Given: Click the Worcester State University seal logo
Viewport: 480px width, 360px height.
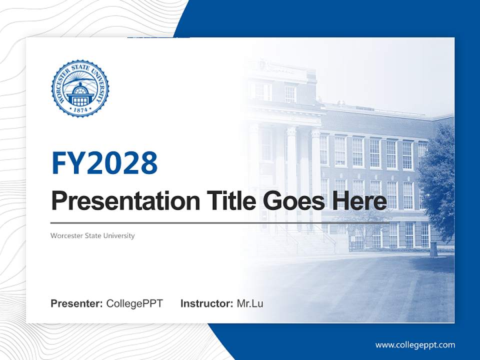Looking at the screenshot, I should point(80,88).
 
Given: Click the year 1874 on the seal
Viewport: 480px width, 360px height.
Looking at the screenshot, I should point(80,109).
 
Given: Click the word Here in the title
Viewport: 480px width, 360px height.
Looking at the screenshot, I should point(359,201).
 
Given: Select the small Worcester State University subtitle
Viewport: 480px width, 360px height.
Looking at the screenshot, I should point(92,235).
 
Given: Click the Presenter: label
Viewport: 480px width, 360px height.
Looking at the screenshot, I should point(77,303).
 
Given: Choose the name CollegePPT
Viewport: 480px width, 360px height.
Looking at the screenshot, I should point(134,303).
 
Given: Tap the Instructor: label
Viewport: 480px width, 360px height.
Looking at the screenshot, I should point(206,303).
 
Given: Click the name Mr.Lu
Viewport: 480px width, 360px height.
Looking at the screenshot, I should point(250,303).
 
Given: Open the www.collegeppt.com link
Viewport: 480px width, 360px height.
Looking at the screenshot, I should point(415,345).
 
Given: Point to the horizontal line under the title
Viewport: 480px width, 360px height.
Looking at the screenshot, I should point(220,223).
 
